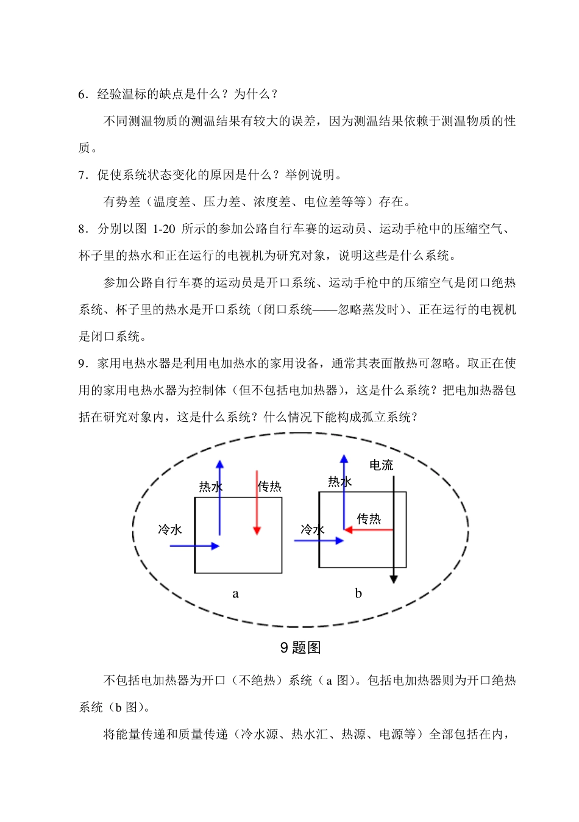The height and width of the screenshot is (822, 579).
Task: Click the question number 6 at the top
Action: click(82, 94)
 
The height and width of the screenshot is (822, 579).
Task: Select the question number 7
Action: click(82, 175)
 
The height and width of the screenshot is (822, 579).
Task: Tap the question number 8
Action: click(82, 229)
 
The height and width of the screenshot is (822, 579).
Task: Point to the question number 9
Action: click(82, 363)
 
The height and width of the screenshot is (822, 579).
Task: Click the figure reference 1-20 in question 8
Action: click(163, 229)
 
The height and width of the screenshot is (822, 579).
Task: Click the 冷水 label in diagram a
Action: click(170, 529)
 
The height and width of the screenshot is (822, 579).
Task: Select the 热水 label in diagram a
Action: click(210, 487)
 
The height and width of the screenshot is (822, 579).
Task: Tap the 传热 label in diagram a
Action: click(269, 487)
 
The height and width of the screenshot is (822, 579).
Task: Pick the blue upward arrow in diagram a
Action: click(220, 497)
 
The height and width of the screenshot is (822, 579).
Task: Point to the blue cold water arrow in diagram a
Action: click(194, 546)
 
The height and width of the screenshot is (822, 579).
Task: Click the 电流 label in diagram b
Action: click(382, 465)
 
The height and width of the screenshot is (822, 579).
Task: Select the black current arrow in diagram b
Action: click(394, 531)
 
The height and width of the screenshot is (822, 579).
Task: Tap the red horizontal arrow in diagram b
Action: click(369, 530)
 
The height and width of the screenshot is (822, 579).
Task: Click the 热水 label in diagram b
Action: click(340, 482)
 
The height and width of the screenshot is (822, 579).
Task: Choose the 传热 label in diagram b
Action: click(369, 518)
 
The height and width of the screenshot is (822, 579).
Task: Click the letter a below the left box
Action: click(236, 593)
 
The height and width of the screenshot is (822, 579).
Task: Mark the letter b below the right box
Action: click(358, 593)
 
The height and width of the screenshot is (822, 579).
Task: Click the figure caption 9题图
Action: click(300, 648)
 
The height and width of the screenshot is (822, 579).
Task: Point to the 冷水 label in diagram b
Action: click(312, 529)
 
